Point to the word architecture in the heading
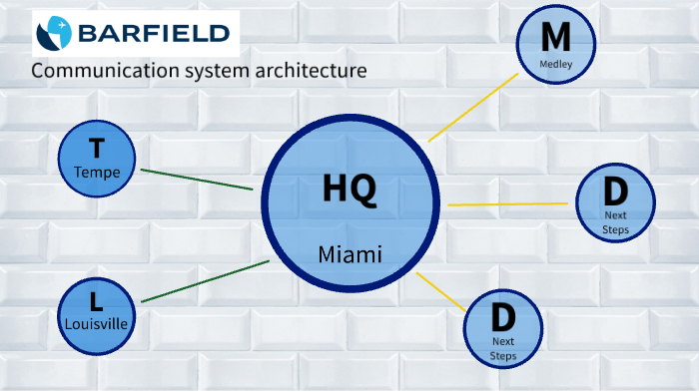pyautogui.click(x=301, y=71)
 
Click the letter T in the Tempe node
pyautogui.click(x=97, y=150)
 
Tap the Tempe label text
pyautogui.click(x=97, y=173)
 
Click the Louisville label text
pyautogui.click(x=97, y=323)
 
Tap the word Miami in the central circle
pyautogui.click(x=349, y=254)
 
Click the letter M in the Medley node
pyautogui.click(x=555, y=38)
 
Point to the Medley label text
pyautogui.click(x=555, y=64)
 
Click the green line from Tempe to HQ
pyautogui.click(x=197, y=179)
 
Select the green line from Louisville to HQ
pyautogui.click(x=206, y=281)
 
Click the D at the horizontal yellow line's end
pyautogui.click(x=615, y=193)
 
